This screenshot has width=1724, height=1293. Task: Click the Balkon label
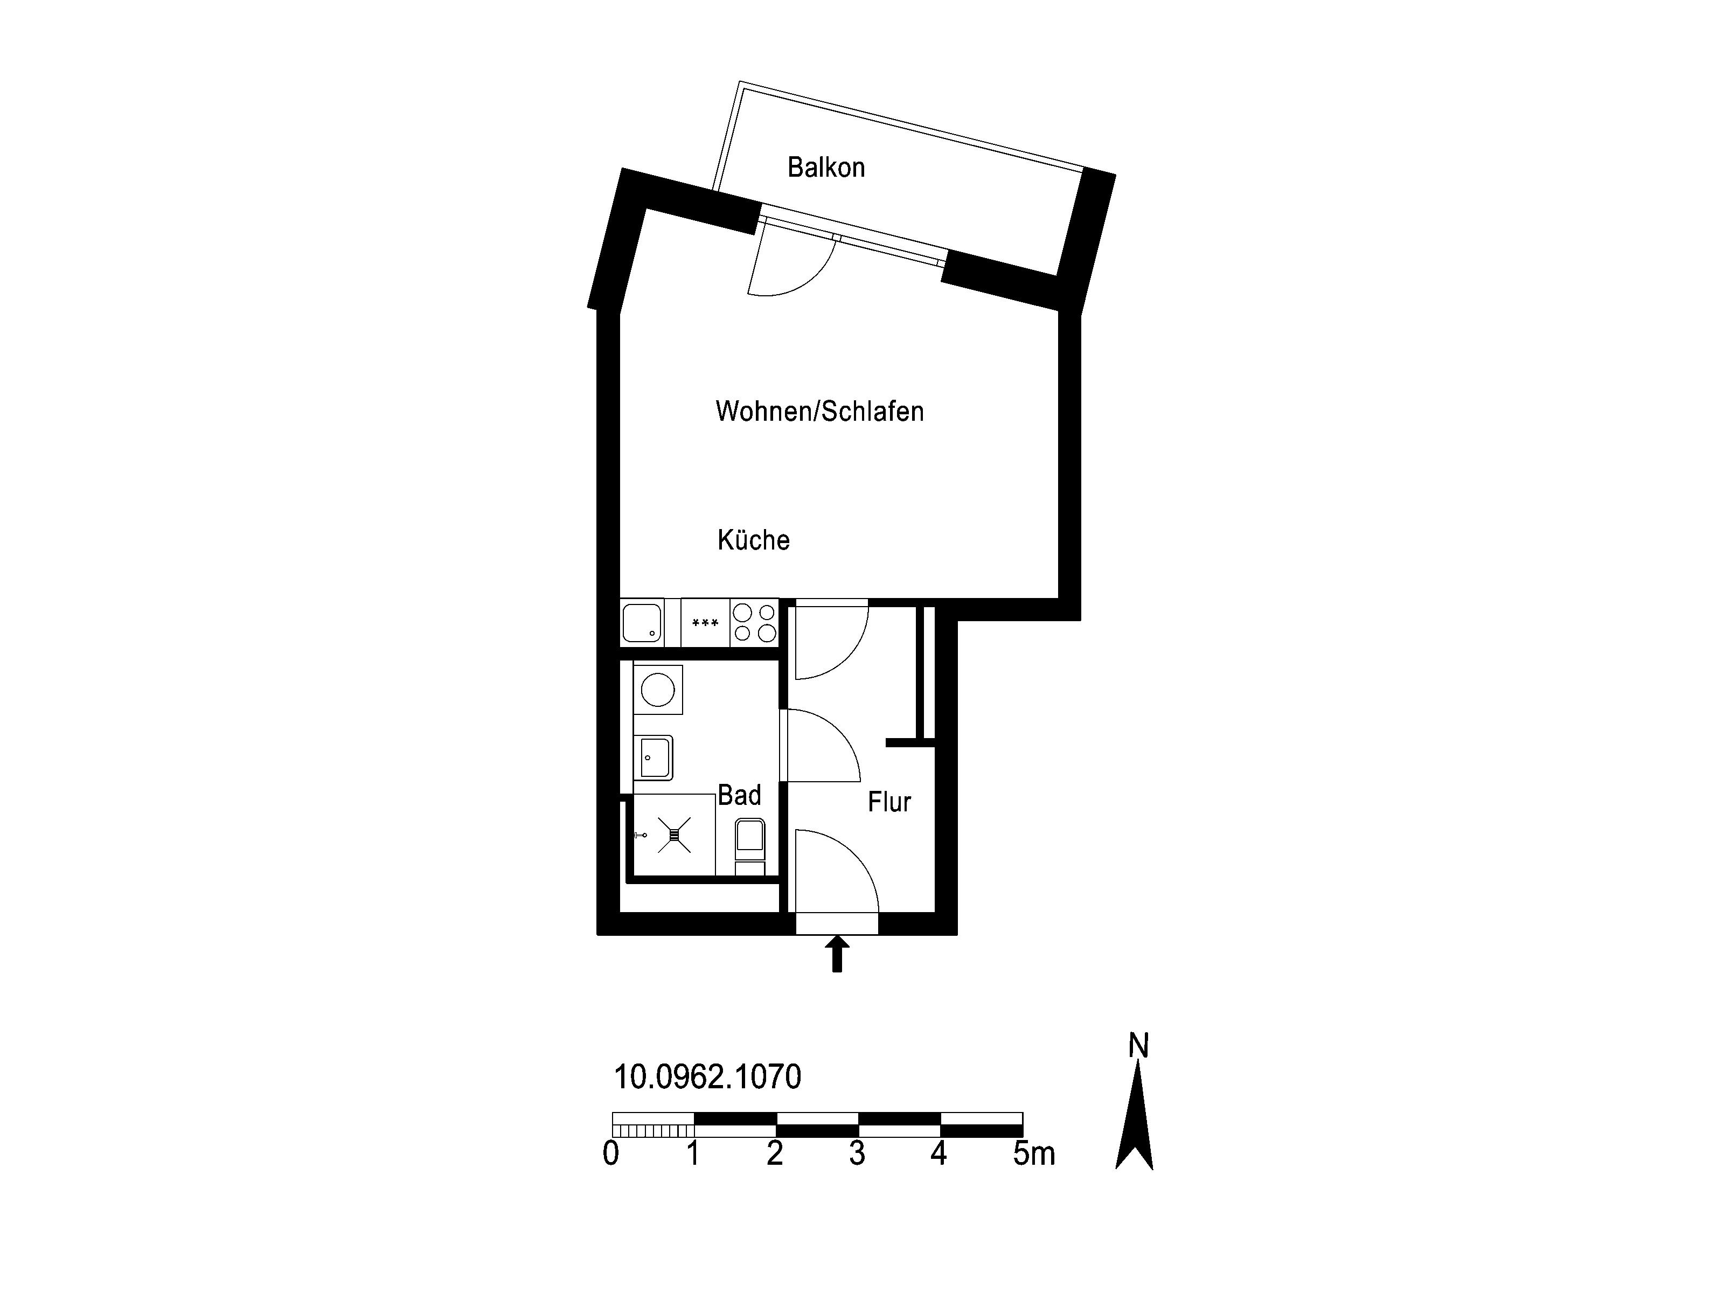pyautogui.click(x=826, y=168)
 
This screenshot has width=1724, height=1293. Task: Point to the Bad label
pyautogui.click(x=739, y=795)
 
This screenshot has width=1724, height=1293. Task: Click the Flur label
pyautogui.click(x=889, y=802)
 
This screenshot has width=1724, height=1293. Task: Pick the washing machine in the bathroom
pyautogui.click(x=658, y=690)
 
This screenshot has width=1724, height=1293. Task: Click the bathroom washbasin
pyautogui.click(x=653, y=757)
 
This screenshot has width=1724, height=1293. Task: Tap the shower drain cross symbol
pyautogui.click(x=674, y=835)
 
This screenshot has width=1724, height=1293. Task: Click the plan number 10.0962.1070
pyautogui.click(x=708, y=1077)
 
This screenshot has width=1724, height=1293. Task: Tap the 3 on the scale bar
pyautogui.click(x=857, y=1154)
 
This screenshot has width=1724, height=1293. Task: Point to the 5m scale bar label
pyautogui.click(x=1034, y=1154)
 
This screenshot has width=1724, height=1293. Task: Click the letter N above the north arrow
pyautogui.click(x=1139, y=1046)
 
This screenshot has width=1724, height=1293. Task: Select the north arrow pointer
pyautogui.click(x=1135, y=1117)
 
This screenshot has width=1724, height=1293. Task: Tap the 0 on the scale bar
pyautogui.click(x=611, y=1154)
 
